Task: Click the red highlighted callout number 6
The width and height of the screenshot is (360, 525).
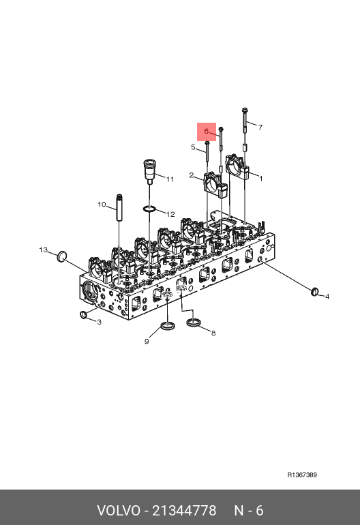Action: [x=207, y=131]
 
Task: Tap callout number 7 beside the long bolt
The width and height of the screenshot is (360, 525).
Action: [x=260, y=127]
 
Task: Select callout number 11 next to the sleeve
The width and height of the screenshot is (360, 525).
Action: [x=170, y=179]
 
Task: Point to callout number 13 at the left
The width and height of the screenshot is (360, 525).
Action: [x=43, y=250]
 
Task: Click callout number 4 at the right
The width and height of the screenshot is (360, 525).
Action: [x=327, y=297]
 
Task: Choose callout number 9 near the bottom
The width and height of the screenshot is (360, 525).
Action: [x=147, y=342]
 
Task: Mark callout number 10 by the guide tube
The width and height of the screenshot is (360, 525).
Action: [x=102, y=205]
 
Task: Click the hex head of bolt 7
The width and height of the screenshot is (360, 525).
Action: [x=245, y=110]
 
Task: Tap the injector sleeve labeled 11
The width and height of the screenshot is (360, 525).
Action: [x=149, y=171]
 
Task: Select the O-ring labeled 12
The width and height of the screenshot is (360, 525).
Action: [x=149, y=209]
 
